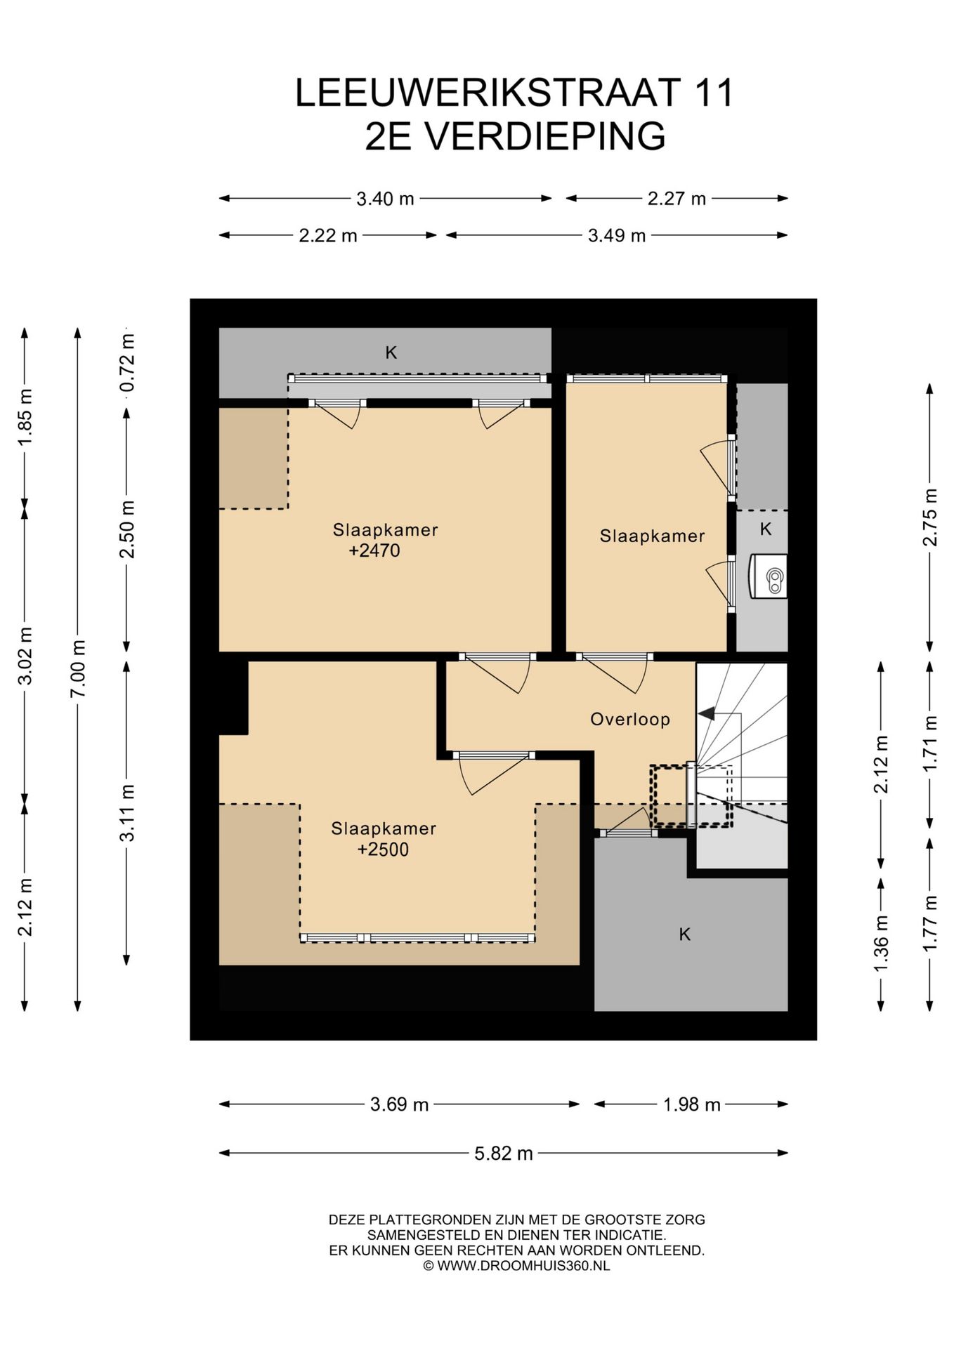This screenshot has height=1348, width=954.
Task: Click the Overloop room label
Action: click(629, 719)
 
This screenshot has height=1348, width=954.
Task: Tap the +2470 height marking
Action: click(374, 550)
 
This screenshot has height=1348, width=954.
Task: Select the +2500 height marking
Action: click(383, 850)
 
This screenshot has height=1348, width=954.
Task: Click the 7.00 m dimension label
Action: click(78, 668)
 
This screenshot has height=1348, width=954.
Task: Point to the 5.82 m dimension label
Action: click(504, 1153)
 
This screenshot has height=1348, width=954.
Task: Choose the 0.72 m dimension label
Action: click(127, 363)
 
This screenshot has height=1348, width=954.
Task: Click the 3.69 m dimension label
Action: click(400, 1104)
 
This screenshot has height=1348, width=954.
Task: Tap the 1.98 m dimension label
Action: click(692, 1104)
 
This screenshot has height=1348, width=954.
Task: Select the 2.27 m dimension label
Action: click(677, 199)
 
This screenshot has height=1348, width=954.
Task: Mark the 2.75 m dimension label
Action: click(930, 517)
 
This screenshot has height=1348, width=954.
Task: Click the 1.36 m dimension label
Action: click(881, 944)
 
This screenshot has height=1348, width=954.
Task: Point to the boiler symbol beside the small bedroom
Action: click(769, 576)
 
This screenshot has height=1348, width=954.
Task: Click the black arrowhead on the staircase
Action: click(706, 713)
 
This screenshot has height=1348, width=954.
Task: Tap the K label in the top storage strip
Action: click(391, 352)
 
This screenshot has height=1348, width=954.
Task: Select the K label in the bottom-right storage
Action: click(685, 934)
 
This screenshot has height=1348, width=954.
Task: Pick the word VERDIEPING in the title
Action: click(545, 136)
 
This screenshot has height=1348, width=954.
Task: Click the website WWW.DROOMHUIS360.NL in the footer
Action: click(523, 1266)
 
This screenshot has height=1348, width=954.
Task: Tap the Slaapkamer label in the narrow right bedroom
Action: click(652, 536)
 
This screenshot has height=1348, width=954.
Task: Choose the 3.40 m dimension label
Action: click(385, 199)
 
